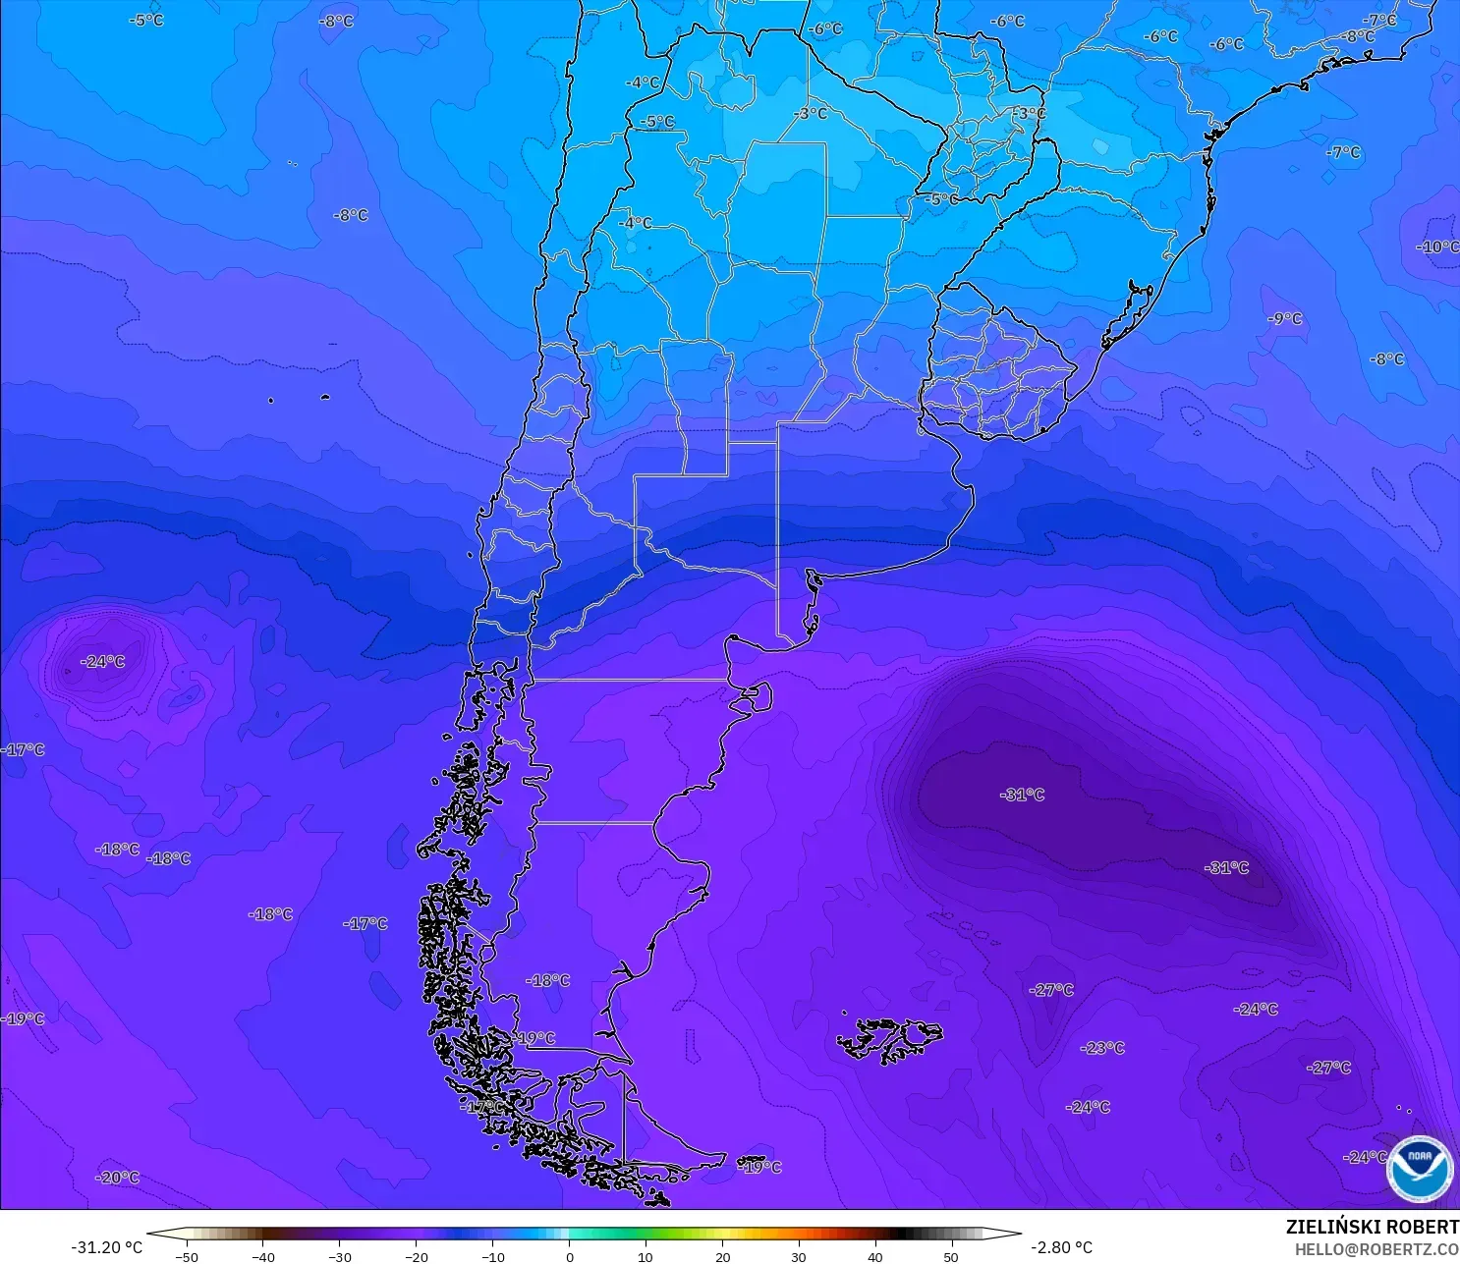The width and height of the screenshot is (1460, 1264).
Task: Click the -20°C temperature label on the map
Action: click(x=118, y=1178)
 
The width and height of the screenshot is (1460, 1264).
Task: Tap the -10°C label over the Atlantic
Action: click(x=1438, y=247)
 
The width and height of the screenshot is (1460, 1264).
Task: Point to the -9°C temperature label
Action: click(x=1284, y=319)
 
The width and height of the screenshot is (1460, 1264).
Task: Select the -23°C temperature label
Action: click(x=1102, y=1048)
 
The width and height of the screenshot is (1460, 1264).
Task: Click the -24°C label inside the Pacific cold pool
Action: click(x=103, y=662)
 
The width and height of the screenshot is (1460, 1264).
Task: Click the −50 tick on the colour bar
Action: click(x=187, y=1256)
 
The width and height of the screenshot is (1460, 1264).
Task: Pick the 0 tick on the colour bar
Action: click(x=570, y=1256)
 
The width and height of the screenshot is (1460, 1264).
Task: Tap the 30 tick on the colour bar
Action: click(x=799, y=1256)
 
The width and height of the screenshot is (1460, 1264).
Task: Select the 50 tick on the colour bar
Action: click(x=951, y=1256)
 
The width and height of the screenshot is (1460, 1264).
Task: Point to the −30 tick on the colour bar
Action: click(x=339, y=1256)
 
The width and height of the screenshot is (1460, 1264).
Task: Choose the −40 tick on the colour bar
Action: click(x=262, y=1256)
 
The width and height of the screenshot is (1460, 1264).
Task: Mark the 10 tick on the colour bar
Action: click(x=646, y=1256)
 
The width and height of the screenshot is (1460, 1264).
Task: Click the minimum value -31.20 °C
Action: click(x=106, y=1247)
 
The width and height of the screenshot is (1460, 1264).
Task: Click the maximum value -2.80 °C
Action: click(x=1061, y=1247)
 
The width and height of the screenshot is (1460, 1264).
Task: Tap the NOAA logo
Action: click(x=1420, y=1169)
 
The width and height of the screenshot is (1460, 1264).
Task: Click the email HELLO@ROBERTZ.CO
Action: click(x=1376, y=1249)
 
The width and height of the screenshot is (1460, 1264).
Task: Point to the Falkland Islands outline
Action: click(x=889, y=1039)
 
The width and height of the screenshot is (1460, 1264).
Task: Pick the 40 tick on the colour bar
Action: click(x=874, y=1256)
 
